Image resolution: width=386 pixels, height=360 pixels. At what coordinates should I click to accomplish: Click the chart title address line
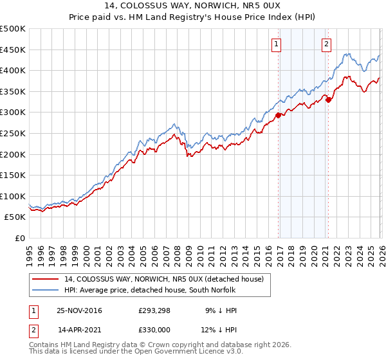pos(193,6)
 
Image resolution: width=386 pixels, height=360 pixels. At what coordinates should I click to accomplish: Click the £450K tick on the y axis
pos(14,50)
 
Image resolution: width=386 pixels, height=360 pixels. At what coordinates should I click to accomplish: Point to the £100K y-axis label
pos(14,196)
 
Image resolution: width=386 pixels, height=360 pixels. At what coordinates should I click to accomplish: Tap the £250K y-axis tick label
pos(14,133)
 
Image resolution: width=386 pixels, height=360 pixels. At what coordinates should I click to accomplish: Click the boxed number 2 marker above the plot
pos(326,44)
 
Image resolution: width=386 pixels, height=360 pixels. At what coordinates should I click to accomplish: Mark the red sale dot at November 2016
pos(279,115)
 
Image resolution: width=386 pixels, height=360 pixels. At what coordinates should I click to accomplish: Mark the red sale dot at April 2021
pos(328,100)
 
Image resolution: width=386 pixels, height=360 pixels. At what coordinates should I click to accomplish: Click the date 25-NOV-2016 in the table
pos(79,310)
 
